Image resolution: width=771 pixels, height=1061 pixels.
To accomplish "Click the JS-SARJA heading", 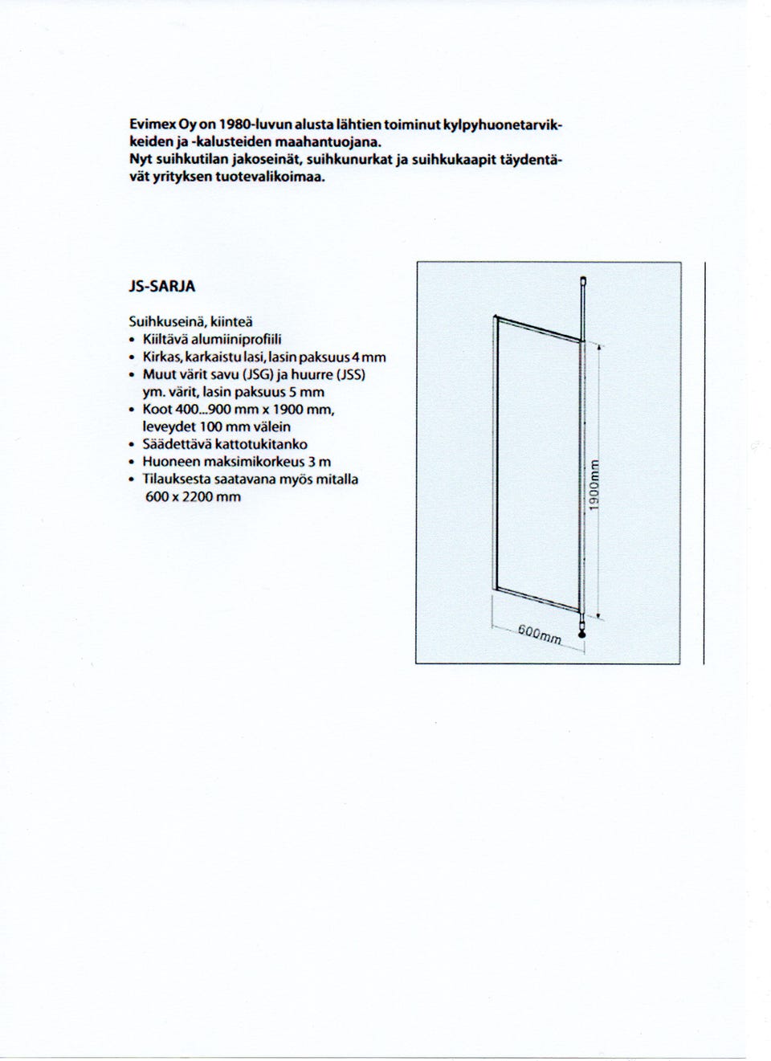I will (161, 287).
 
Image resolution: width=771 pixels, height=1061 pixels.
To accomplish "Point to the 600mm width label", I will (539, 635).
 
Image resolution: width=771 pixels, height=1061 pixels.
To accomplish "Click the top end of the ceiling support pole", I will (584, 280).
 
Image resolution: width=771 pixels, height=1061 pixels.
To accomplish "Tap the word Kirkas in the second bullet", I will (161, 357).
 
